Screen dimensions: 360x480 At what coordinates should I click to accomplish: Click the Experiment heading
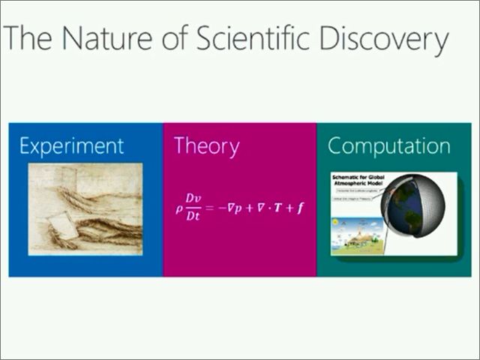click(71, 145)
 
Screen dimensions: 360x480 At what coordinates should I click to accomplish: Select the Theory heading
click(206, 145)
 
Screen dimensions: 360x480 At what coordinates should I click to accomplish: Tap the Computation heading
click(388, 145)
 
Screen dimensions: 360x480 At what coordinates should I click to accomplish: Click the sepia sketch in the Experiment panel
click(85, 208)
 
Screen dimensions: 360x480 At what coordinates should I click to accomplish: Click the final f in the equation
click(300, 206)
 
